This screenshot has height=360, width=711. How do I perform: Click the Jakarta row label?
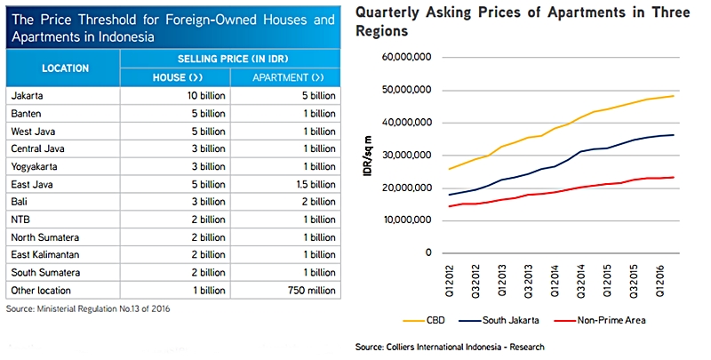tap(28, 95)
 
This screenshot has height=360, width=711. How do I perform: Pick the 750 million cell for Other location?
tap(308, 291)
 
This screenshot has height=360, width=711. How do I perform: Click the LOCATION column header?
tap(64, 68)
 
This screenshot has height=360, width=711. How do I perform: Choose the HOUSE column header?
tap(177, 77)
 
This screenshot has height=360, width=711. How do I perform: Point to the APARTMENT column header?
tap(285, 77)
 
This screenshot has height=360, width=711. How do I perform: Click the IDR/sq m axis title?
tap(368, 156)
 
